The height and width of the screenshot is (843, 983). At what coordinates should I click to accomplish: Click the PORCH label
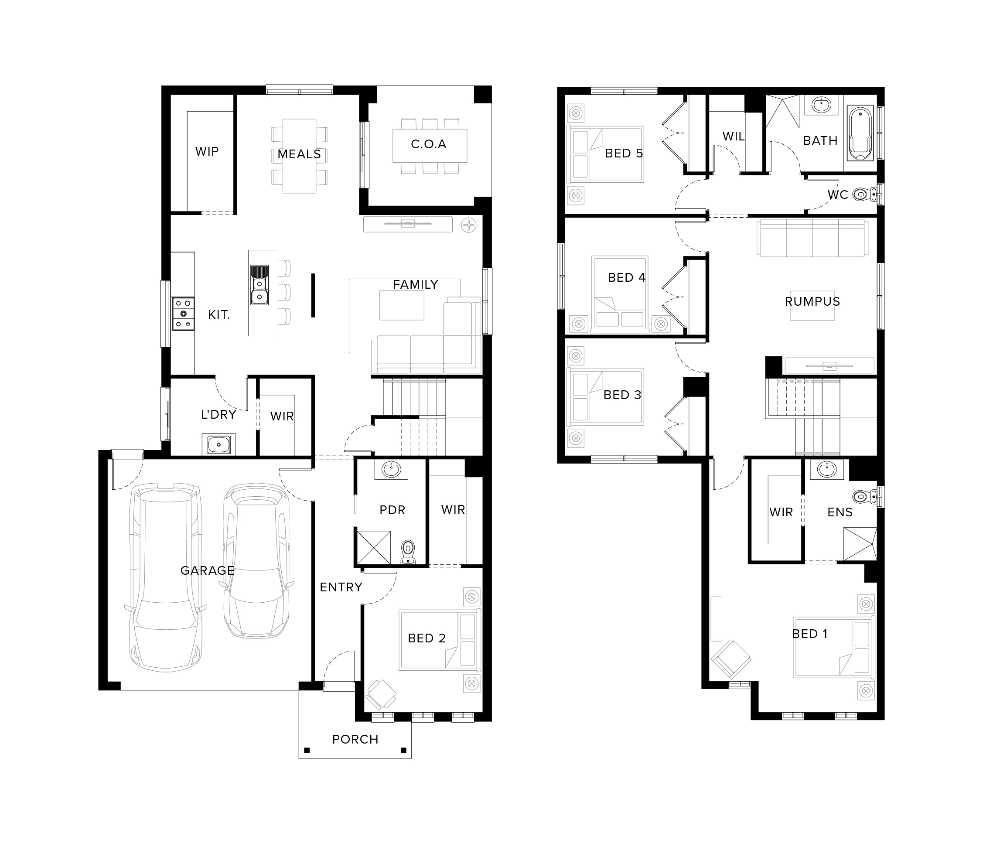tap(355, 739)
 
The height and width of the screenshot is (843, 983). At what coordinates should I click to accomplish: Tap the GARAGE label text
tap(207, 570)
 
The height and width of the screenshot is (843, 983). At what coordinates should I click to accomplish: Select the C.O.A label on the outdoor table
tap(428, 144)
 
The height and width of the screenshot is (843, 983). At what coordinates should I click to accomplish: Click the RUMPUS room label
tap(812, 301)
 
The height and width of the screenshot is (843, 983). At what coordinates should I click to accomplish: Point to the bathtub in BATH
tap(860, 133)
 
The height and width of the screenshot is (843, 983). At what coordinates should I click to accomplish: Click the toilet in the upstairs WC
tap(864, 194)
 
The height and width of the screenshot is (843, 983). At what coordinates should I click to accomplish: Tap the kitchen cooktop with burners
tap(183, 314)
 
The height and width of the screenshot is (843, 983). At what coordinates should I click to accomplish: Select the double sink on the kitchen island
tap(259, 285)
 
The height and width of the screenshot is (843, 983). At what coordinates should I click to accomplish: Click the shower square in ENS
tap(860, 544)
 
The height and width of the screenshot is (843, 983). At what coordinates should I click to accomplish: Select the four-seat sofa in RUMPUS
tap(812, 238)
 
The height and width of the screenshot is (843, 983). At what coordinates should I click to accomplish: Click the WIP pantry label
tap(207, 151)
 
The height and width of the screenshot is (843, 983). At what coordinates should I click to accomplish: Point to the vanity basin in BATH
tap(821, 105)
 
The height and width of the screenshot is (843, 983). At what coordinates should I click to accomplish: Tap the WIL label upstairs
tap(733, 136)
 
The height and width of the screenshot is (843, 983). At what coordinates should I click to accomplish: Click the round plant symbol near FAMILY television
tap(469, 225)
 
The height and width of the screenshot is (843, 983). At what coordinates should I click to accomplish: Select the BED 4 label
tap(626, 277)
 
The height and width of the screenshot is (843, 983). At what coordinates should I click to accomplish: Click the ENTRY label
tap(341, 587)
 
